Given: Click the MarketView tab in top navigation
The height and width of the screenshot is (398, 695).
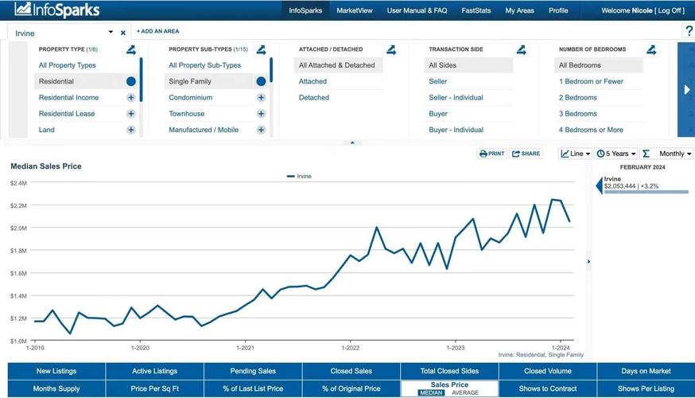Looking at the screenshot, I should coord(354,10).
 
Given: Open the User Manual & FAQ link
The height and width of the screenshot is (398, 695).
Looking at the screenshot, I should coord(417,10).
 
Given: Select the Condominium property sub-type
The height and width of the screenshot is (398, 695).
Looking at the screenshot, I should coord(190,98).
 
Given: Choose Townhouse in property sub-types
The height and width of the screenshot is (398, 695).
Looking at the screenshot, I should coord(186,114).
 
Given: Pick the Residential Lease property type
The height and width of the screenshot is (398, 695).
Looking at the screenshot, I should coord(67,114).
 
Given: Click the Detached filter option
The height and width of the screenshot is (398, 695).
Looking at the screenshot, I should coord(314,98).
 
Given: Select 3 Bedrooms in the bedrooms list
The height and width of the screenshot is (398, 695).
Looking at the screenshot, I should coord(578,114).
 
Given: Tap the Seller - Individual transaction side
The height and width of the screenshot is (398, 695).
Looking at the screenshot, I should coord(456,98).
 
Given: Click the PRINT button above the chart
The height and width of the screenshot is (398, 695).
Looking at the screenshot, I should coord(492,154).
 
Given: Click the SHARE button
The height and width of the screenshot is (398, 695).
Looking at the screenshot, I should coord(526,154).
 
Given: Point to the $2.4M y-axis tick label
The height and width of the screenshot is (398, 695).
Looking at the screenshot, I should coord(18,183).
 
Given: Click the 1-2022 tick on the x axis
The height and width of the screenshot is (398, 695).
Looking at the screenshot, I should coord(350,348).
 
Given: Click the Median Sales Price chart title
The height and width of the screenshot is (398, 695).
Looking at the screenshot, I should coord(45,166).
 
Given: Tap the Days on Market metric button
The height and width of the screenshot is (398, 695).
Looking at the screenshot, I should coord(645,371).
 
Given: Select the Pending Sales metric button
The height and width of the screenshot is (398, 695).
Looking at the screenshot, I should coord(253,371).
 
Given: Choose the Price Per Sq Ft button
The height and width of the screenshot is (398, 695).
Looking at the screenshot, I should coord(154,388).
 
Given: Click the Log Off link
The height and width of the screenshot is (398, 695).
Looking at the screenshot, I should coord(669,10).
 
